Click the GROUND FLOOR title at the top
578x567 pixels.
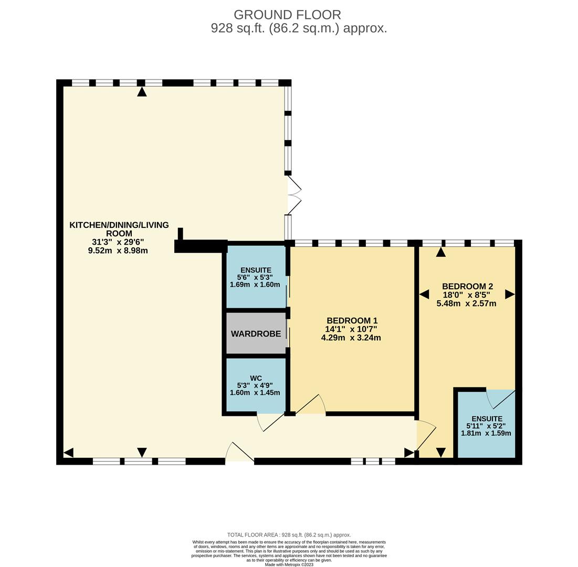(287, 15)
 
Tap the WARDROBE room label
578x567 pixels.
(256, 334)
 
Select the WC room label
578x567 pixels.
(256, 378)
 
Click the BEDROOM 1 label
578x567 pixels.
(352, 321)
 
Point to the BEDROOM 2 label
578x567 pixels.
(467, 286)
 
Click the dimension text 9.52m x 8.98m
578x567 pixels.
(118, 251)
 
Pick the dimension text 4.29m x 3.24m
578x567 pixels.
(351, 338)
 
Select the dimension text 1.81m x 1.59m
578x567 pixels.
(486, 434)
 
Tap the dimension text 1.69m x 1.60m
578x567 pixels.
(255, 285)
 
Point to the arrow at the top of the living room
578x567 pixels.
(142, 92)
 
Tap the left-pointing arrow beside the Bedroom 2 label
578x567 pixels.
(424, 295)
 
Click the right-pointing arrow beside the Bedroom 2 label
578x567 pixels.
(509, 295)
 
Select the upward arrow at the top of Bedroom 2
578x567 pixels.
(441, 252)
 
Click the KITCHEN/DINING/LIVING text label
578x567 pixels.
(119, 225)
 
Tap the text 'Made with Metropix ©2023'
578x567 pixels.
(289, 564)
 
